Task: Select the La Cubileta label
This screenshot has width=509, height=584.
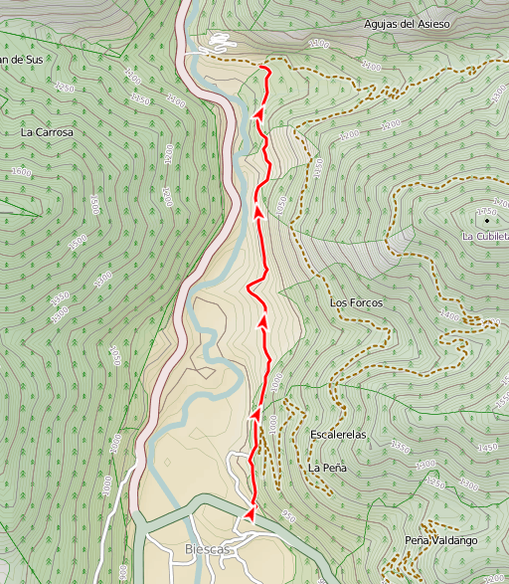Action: (484, 236)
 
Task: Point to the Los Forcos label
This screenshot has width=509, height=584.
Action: (356, 301)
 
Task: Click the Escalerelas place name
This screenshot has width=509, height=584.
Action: (339, 435)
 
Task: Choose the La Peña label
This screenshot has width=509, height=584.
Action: (326, 467)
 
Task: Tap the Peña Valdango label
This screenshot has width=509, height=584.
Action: (440, 540)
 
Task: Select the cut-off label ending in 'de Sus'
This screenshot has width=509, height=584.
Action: (21, 60)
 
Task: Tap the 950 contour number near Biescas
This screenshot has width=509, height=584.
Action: (288, 516)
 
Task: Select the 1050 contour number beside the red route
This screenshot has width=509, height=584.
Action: (281, 205)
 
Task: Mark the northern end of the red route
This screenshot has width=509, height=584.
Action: (262, 66)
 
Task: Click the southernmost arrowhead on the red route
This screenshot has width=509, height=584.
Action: (250, 511)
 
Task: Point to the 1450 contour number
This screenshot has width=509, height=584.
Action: (488, 448)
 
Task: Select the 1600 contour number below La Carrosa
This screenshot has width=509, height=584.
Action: (21, 172)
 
